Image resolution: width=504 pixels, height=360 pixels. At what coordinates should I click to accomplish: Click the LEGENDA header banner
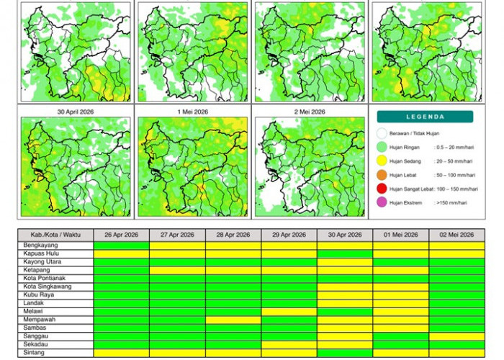[x=425, y=117]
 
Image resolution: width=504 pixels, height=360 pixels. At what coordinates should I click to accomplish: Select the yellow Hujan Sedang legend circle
[x=382, y=161]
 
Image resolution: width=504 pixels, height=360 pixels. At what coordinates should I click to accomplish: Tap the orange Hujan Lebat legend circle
[x=382, y=175]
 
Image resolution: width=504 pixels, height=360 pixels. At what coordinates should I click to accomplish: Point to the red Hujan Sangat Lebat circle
[x=382, y=189]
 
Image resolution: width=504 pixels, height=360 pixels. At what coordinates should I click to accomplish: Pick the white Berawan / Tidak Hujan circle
[x=382, y=133]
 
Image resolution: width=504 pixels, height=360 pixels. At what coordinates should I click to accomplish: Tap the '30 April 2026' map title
[x=76, y=112]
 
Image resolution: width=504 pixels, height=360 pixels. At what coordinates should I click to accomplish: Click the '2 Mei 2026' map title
[x=308, y=112]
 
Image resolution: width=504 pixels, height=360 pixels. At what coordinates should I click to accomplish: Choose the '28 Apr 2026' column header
[x=233, y=235]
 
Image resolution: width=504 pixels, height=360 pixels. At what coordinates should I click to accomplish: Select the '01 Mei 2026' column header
[x=400, y=235]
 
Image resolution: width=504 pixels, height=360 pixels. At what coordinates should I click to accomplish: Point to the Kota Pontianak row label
[x=42, y=278]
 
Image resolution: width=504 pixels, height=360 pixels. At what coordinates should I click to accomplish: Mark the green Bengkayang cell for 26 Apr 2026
[x=121, y=245]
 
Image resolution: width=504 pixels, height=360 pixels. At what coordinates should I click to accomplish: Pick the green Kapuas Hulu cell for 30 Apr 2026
[x=345, y=253]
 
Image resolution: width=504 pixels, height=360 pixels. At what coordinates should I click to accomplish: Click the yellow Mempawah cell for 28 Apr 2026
[x=233, y=320]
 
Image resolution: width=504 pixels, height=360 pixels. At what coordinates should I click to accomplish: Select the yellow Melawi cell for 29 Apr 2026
[x=289, y=312]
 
